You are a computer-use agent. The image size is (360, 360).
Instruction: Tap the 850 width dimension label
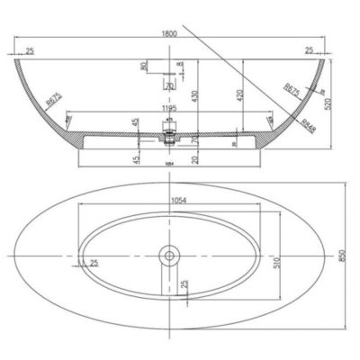pos(341,256)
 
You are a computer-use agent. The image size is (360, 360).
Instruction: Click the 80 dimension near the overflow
pos(141,66)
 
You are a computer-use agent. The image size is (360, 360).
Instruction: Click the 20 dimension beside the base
pos(195,158)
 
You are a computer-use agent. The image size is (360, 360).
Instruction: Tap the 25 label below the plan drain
pos(184,285)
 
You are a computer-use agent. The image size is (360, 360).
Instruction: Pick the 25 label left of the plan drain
pos(94,263)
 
